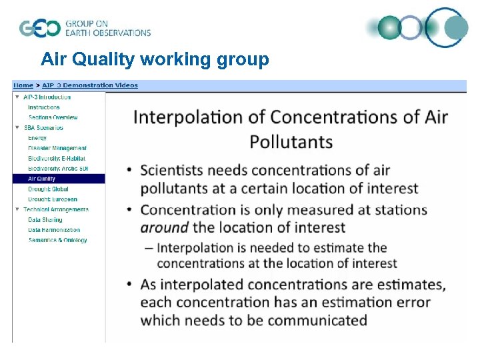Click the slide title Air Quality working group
click(155, 60)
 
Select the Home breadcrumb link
click(23, 85)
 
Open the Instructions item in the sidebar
click(43, 107)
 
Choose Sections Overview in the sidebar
click(53, 117)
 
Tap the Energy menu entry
click(37, 138)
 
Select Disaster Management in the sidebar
click(57, 148)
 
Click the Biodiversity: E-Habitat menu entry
click(57, 159)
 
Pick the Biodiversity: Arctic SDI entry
click(58, 169)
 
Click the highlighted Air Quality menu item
click(41, 179)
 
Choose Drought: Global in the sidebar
click(48, 189)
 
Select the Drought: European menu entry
click(52, 199)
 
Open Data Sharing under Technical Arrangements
click(45, 220)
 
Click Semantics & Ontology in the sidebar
click(57, 240)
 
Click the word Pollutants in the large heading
click(291, 141)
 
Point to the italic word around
click(164, 227)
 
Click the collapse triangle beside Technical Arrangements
click(17, 209)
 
